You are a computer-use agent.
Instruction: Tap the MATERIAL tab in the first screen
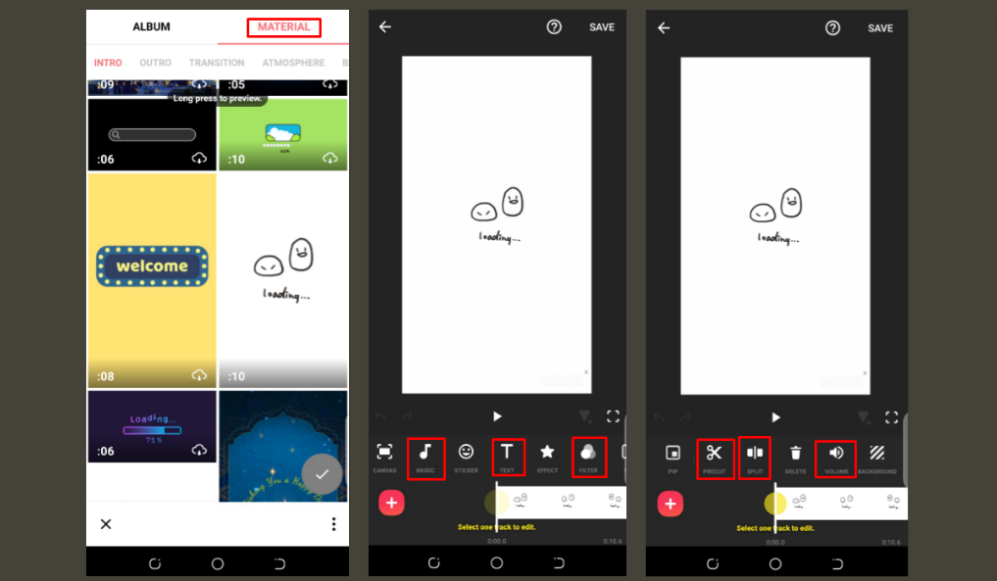click(283, 27)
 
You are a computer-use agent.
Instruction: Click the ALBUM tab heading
click(151, 27)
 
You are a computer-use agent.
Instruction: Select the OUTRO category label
click(155, 63)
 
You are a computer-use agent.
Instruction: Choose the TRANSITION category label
click(217, 63)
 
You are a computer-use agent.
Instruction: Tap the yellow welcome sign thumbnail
click(152, 266)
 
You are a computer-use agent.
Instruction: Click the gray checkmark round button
click(322, 474)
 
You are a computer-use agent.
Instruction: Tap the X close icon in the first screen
click(106, 524)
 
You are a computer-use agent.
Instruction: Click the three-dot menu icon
click(333, 524)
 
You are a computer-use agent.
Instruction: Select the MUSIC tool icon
click(425, 453)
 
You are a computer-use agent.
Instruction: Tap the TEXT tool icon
click(507, 453)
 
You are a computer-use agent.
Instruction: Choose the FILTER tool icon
click(588, 453)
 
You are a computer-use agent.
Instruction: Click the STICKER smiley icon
click(466, 453)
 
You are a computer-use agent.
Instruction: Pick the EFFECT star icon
click(547, 453)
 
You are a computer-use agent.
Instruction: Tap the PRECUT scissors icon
click(714, 454)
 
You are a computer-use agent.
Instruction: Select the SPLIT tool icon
click(755, 454)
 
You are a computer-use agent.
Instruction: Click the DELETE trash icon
click(795, 454)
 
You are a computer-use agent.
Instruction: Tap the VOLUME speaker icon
click(836, 454)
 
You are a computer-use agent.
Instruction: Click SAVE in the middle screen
click(602, 27)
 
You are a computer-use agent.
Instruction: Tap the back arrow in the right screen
click(664, 27)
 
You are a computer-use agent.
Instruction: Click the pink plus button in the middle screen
click(391, 503)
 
